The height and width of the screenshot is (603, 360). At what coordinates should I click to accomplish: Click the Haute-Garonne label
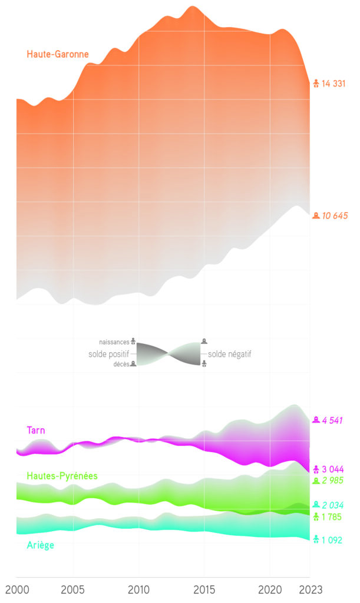(58, 54)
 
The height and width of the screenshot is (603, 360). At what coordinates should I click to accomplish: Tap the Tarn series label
(37, 430)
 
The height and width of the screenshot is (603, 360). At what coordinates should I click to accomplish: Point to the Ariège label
(41, 545)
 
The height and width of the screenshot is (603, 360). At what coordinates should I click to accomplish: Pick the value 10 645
(335, 216)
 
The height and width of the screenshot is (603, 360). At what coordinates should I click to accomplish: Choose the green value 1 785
(332, 517)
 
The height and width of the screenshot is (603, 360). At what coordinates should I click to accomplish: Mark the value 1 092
(332, 539)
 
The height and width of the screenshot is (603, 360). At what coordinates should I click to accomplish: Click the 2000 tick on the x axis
(16, 590)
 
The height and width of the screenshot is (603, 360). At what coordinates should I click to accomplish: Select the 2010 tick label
(139, 590)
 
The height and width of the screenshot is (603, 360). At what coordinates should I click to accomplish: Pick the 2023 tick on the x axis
(311, 590)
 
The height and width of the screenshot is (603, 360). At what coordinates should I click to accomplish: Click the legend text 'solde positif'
(109, 354)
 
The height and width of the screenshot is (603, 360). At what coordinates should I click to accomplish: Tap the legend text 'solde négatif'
(229, 354)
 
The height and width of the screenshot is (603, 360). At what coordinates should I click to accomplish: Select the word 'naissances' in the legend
(114, 342)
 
